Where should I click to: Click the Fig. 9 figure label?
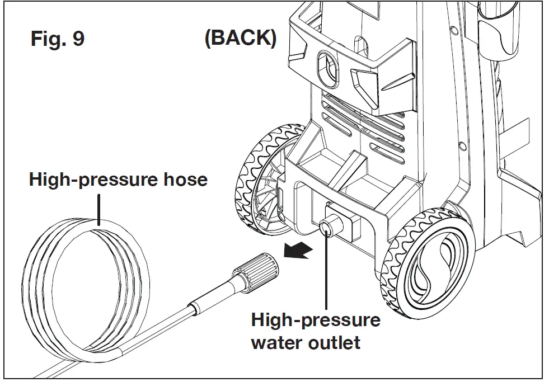point(57,40)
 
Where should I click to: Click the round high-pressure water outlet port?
point(326,227)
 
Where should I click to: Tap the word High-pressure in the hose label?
point(90,180)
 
